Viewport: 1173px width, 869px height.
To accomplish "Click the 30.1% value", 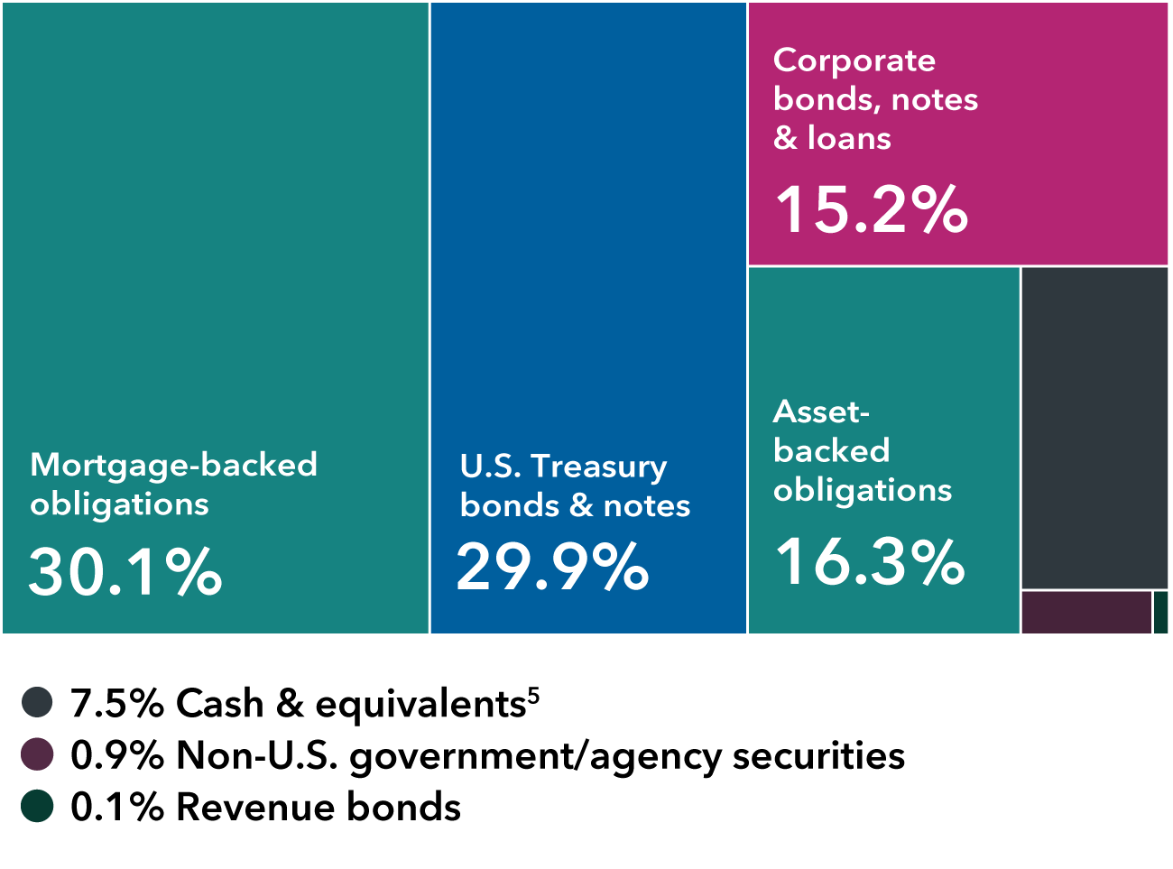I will click(125, 572).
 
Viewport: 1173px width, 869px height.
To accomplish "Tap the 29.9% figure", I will click(552, 568).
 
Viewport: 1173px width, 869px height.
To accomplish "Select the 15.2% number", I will click(871, 210).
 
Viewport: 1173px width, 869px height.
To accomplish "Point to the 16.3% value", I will click(870, 561).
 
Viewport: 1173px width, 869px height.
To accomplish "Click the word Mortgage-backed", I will click(173, 465).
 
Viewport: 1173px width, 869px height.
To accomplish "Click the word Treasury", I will click(599, 467).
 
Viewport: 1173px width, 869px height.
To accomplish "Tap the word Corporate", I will click(854, 60).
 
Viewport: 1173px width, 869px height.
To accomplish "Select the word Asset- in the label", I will click(821, 411).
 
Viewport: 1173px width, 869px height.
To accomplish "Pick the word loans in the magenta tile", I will click(849, 138).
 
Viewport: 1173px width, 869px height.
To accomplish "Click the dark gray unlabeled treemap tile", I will click(1094, 428).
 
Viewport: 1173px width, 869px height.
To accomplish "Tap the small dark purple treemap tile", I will click(1086, 613).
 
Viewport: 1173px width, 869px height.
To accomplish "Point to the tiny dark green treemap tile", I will click(1161, 613).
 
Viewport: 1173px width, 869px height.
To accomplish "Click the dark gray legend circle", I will click(37, 702).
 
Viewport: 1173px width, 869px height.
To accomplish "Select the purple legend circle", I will click(37, 753).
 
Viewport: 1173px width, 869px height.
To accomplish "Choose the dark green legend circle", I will click(37, 806).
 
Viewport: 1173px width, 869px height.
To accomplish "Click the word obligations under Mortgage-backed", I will click(119, 504).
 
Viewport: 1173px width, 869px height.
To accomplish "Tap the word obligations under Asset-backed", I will click(862, 490).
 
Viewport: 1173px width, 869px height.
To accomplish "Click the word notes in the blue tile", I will click(646, 506).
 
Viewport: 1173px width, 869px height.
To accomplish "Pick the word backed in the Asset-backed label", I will click(831, 450).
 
